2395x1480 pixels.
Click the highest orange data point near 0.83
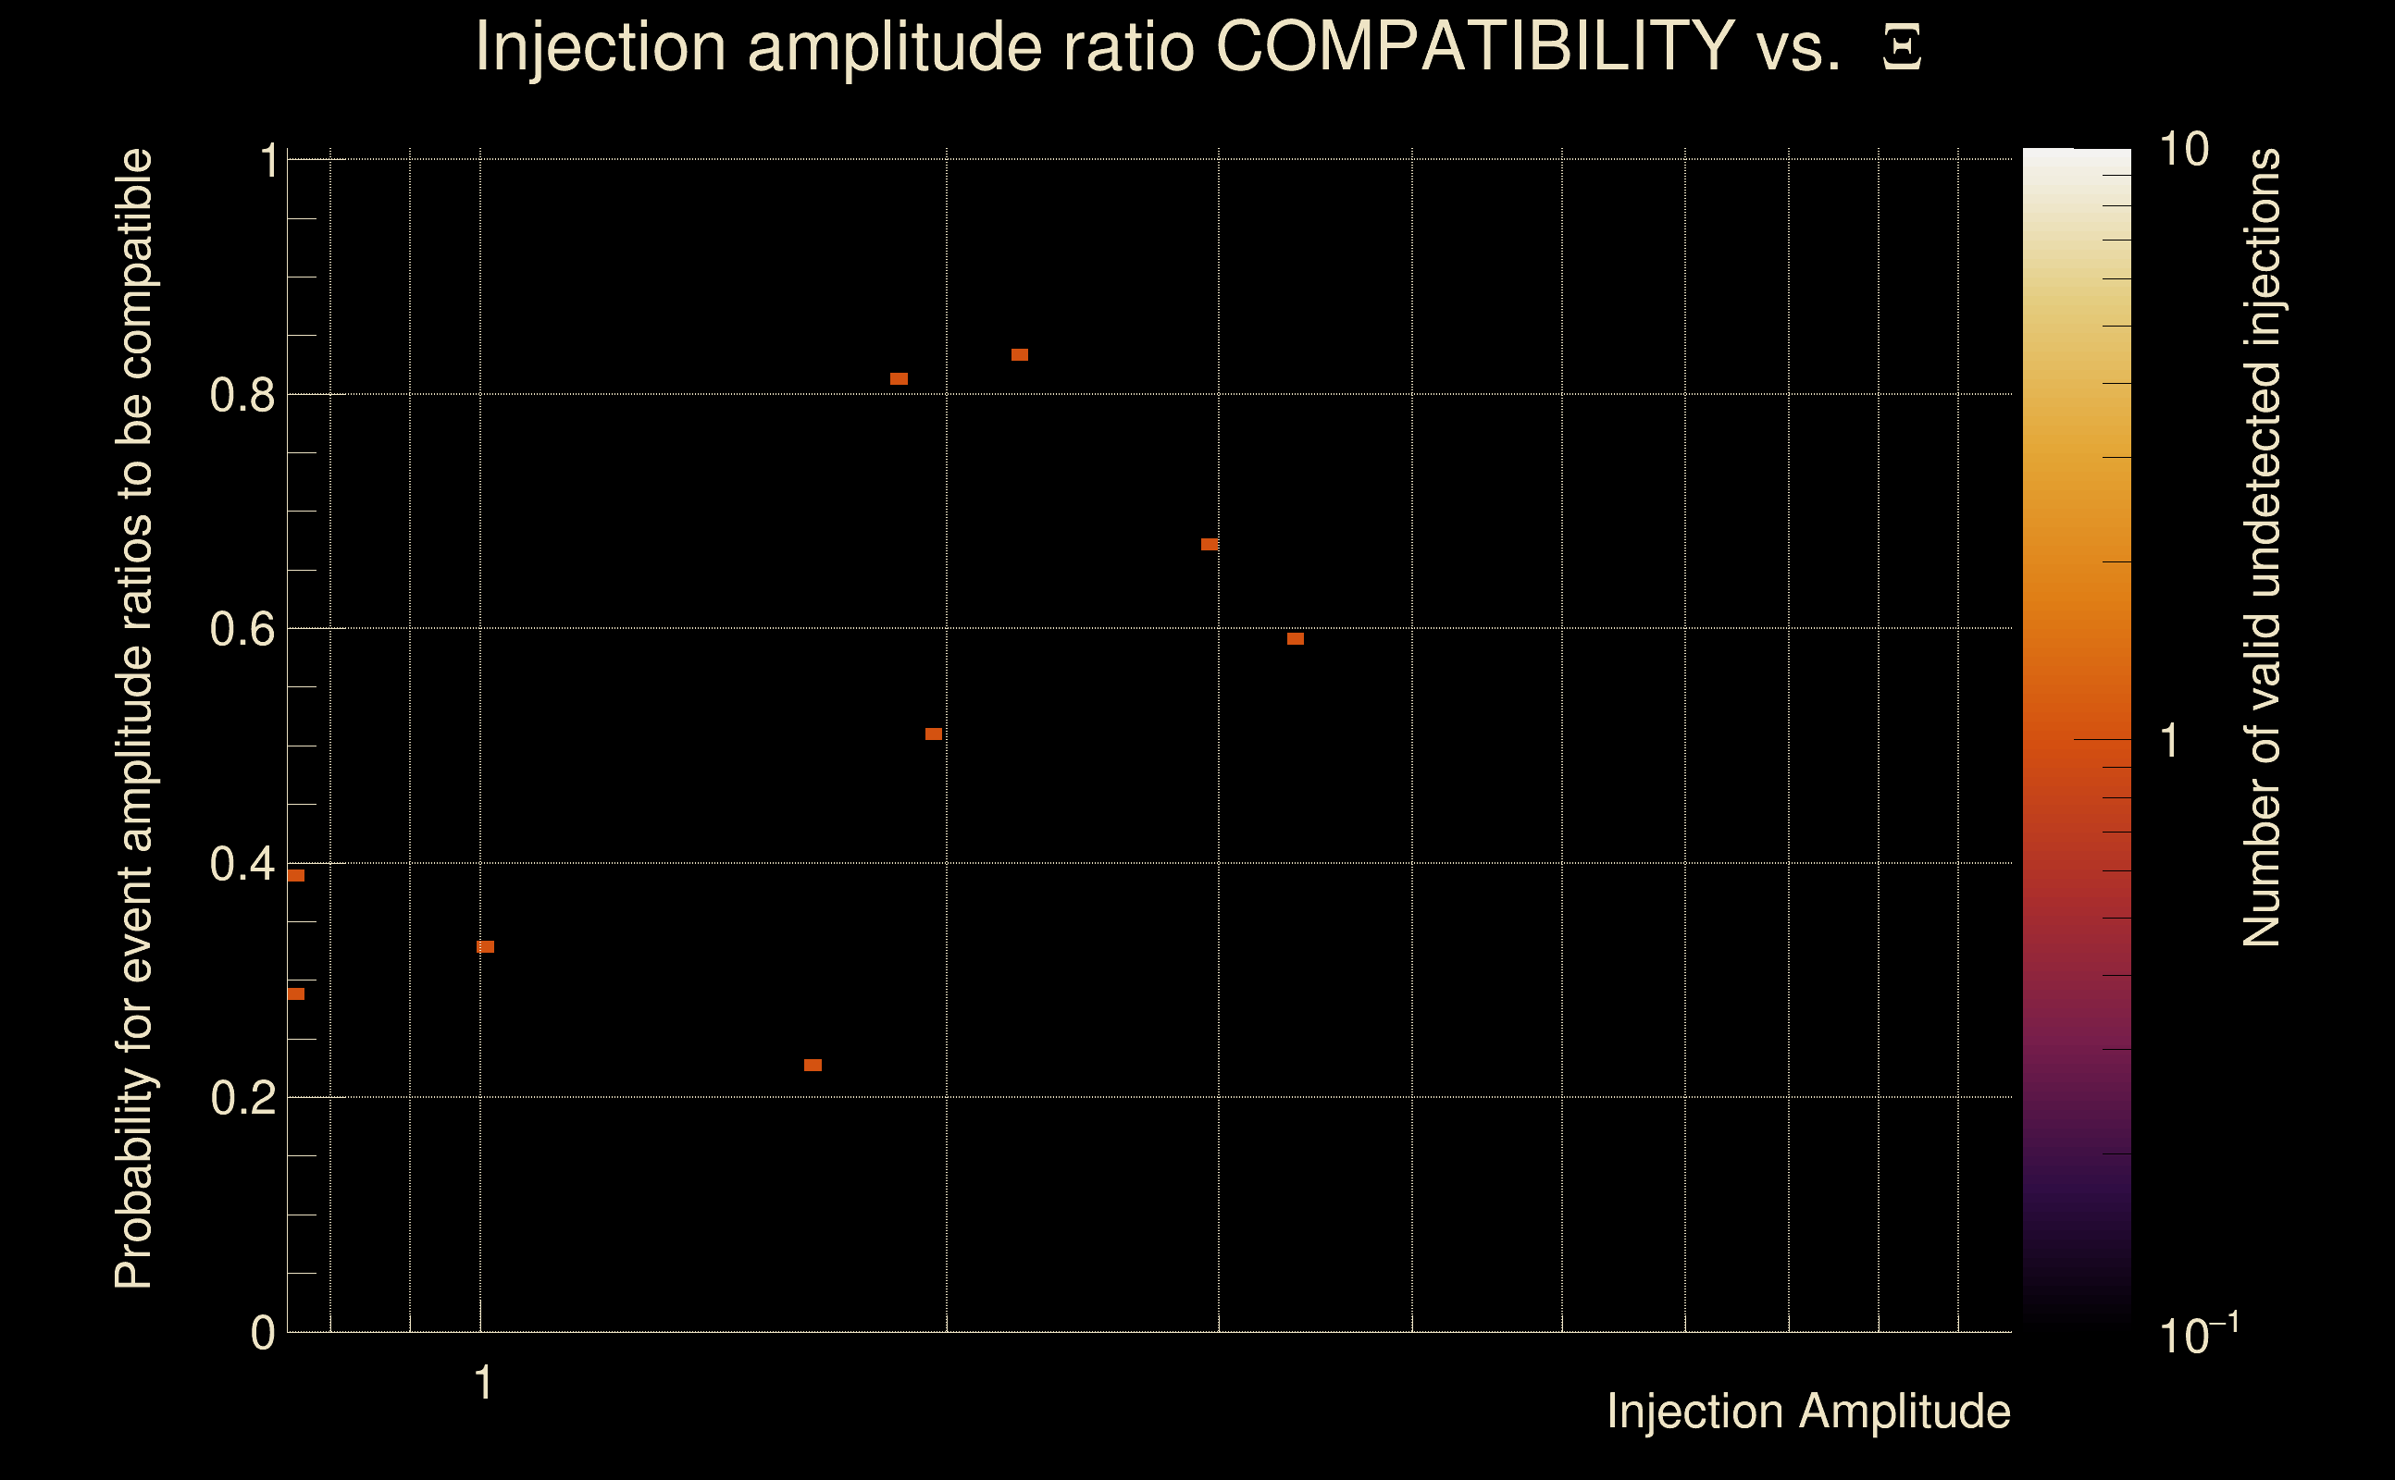pos(1019,354)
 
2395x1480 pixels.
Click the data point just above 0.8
pos(899,379)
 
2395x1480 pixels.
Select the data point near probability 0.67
pos(1210,544)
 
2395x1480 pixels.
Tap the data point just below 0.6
pos(1296,639)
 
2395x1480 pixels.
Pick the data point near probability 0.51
pos(933,734)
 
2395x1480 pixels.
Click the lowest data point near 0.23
pos(813,1065)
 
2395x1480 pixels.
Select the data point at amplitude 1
pos(486,946)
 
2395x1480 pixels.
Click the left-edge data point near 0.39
pos(296,875)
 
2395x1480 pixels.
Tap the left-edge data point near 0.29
pos(296,993)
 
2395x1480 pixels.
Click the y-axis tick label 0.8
pos(242,396)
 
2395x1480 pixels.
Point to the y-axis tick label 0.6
pos(242,629)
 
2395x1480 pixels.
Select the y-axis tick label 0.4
pos(242,864)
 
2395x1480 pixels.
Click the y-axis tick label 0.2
pos(242,1098)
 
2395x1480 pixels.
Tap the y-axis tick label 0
pos(263,1333)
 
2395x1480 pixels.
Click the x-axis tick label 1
pos(483,1383)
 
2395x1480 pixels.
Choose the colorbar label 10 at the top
pos(2183,150)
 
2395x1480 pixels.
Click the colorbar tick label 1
pos(2170,741)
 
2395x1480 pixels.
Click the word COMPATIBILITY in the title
pos(1474,46)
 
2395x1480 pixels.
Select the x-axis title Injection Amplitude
pos(1808,1412)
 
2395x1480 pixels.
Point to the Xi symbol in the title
pos(1902,48)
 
